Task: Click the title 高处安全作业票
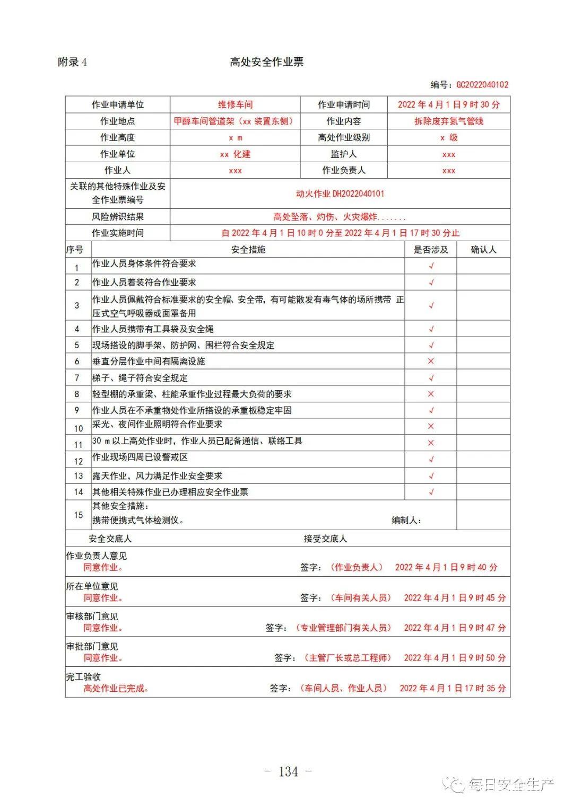click(266, 62)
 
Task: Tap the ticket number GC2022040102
click(482, 84)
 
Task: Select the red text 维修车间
click(235, 104)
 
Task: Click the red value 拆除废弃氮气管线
click(448, 121)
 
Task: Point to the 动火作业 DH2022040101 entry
click(340, 193)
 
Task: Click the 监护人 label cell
click(343, 154)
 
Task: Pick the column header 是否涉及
click(430, 249)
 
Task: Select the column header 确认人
click(483, 249)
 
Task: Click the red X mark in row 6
click(431, 361)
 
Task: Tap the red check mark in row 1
click(431, 266)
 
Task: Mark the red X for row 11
click(431, 443)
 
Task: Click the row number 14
click(79, 492)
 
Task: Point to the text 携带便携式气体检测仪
click(138, 520)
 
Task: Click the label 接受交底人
click(325, 539)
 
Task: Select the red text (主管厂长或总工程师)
click(347, 658)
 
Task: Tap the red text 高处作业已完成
click(116, 688)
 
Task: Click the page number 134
click(288, 771)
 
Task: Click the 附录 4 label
click(72, 62)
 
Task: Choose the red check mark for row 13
click(431, 476)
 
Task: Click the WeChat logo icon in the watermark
click(455, 784)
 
